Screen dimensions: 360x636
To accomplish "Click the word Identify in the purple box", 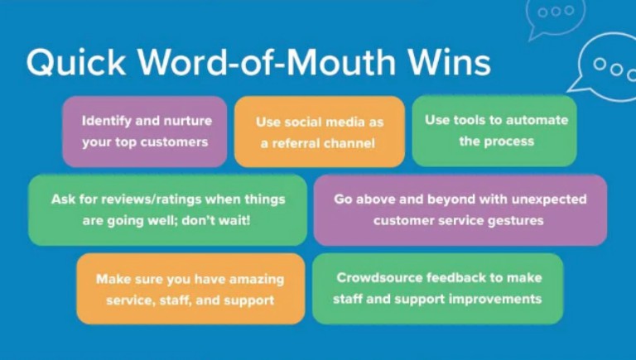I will [106, 121].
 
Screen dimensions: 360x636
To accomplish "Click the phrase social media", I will [324, 122].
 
